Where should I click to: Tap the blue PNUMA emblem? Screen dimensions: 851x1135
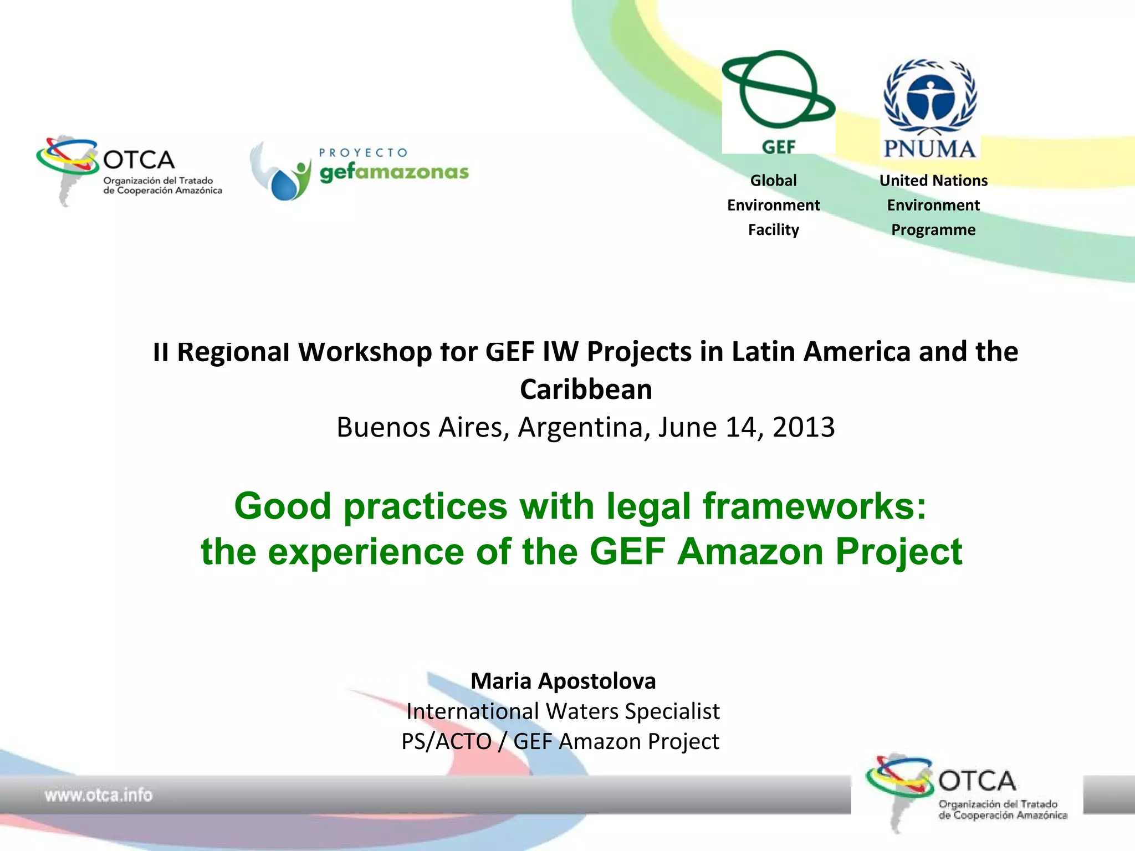tap(930, 98)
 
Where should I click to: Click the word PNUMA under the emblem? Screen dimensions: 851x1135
tap(929, 149)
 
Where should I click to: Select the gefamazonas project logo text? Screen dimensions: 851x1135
tap(394, 172)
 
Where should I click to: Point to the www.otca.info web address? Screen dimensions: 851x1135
tap(99, 795)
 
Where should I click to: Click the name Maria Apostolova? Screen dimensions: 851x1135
tap(563, 681)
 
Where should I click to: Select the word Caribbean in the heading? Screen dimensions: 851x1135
tap(586, 389)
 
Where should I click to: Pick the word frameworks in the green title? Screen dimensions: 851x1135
tap(814, 506)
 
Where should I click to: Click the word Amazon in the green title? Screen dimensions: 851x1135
tap(750, 551)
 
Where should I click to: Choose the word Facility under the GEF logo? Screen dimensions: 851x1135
tap(773, 229)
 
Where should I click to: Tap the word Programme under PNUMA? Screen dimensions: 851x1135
tap(933, 229)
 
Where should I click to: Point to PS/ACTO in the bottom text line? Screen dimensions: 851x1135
tap(447, 742)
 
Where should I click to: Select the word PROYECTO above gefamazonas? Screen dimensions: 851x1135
tap(364, 152)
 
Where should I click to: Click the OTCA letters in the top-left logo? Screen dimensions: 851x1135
tap(139, 160)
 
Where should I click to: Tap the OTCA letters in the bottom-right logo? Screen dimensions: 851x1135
tap(977, 781)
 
